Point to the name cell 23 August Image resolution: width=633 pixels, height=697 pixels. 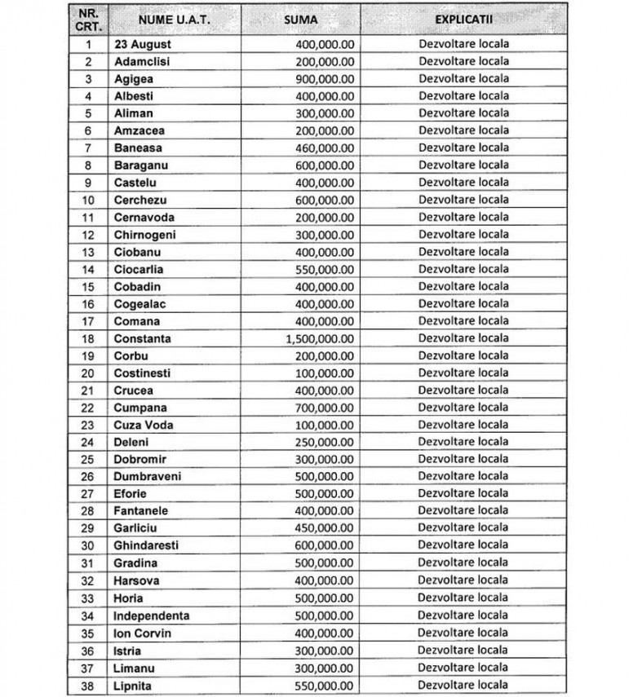pyautogui.click(x=143, y=44)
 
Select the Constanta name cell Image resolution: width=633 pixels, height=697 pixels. pyautogui.click(x=143, y=338)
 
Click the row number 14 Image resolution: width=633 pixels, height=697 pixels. pyautogui.click(x=89, y=269)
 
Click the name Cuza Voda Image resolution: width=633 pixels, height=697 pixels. pyautogui.click(x=144, y=425)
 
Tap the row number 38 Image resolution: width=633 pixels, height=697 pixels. pyautogui.click(x=89, y=685)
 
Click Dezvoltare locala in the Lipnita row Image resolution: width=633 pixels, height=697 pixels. pyautogui.click(x=463, y=685)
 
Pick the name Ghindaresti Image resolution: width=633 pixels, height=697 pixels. pyautogui.click(x=146, y=545)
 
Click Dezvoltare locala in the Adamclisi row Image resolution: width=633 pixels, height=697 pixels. pyautogui.click(x=463, y=61)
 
